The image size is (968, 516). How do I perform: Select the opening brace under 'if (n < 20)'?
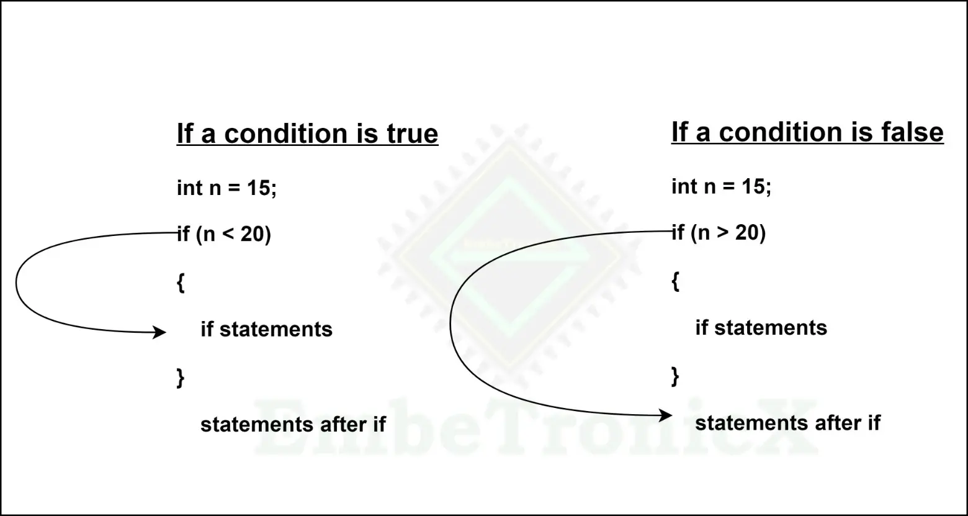181,283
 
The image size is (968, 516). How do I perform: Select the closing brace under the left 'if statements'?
181,378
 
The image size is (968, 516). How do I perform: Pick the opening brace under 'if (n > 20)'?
676,281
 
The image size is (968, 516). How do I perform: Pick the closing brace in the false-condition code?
676,376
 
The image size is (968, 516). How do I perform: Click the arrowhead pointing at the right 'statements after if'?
666,415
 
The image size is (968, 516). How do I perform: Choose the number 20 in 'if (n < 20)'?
253,234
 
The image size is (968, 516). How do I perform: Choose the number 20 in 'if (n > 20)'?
747,233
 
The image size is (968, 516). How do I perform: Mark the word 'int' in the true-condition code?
190,188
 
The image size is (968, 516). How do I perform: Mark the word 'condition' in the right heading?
781,132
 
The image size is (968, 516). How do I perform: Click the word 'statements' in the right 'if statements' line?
771,327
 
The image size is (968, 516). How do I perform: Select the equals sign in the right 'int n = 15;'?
730,187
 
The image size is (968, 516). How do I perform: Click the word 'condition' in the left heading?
286,134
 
